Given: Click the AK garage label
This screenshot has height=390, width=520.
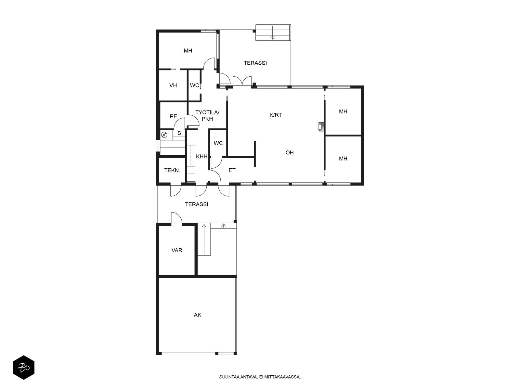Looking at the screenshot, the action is pyautogui.click(x=197, y=315).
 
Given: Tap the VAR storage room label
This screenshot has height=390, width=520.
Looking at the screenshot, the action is pyautogui.click(x=177, y=250).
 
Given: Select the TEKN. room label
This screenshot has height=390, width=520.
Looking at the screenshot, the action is pyautogui.click(x=172, y=170).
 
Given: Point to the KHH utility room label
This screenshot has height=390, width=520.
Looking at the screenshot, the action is pyautogui.click(x=201, y=156).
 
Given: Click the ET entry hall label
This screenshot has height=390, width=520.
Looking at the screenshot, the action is pyautogui.click(x=232, y=170).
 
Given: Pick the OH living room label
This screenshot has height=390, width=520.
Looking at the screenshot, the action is pyautogui.click(x=290, y=152).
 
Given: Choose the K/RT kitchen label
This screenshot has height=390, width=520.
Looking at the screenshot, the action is pyautogui.click(x=276, y=115).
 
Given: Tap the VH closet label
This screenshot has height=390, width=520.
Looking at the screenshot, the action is pyautogui.click(x=173, y=85).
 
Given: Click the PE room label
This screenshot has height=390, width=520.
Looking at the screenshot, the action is pyautogui.click(x=174, y=116).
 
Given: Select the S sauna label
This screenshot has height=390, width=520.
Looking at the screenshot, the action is pyautogui.click(x=179, y=133).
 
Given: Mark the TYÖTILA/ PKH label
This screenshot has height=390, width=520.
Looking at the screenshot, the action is pyautogui.click(x=207, y=116).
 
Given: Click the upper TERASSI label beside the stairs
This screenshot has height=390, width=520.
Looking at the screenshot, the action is pyautogui.click(x=255, y=63).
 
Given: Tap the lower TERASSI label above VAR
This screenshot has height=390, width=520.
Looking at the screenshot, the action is pyautogui.click(x=196, y=204).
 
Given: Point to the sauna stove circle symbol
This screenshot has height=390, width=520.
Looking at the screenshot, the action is pyautogui.click(x=164, y=135).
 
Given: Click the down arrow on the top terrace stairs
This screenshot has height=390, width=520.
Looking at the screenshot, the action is pyautogui.click(x=273, y=33).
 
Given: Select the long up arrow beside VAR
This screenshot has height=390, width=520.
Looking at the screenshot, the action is pyautogui.click(x=204, y=240).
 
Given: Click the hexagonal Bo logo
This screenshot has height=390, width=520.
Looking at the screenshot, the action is pyautogui.click(x=24, y=368).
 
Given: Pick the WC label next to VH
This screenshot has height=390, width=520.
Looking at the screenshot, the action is pyautogui.click(x=194, y=85).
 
